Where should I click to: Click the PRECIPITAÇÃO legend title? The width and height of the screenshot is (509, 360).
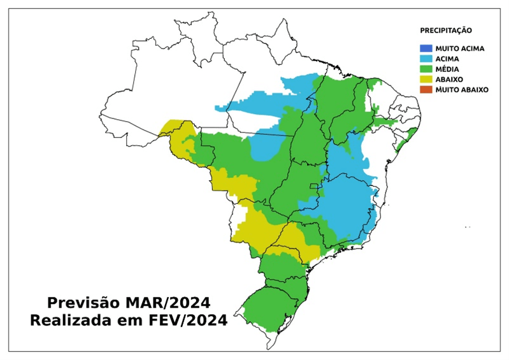[x=445, y=30]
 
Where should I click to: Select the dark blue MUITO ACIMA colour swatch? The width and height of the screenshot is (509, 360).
[x=426, y=48]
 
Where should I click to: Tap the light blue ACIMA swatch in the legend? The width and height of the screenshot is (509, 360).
[x=426, y=59]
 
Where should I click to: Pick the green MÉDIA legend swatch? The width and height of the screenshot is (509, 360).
[x=426, y=69]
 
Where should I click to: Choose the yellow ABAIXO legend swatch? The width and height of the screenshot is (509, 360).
[x=426, y=79]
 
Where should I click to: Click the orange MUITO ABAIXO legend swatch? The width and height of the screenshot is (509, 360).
[x=426, y=90]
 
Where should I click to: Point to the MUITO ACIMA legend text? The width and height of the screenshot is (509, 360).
[x=460, y=48]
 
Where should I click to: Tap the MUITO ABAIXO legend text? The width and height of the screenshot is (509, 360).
[x=462, y=90]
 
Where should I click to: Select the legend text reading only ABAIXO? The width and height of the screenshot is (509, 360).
[x=450, y=79]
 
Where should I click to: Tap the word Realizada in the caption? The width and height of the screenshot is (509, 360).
[x=69, y=320]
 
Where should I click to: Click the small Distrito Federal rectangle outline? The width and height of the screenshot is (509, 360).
[x=313, y=186]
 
